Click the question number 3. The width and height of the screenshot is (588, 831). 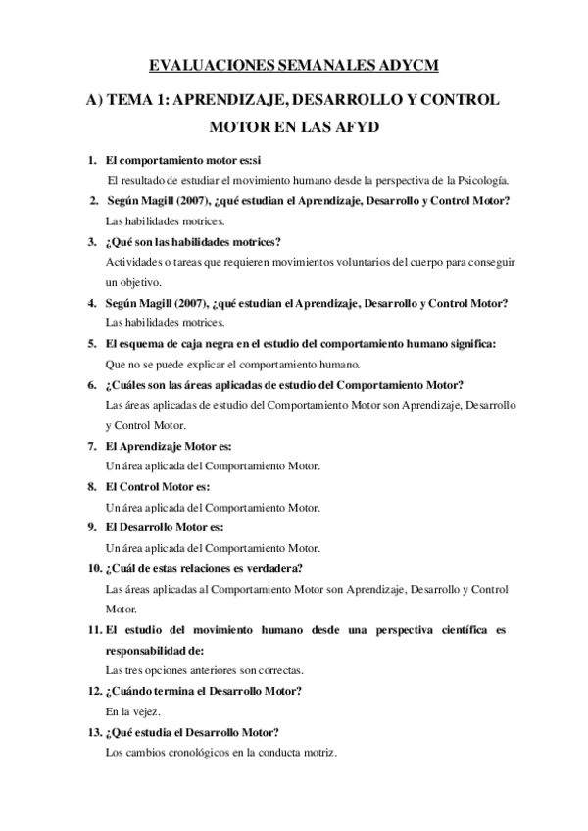click(91, 242)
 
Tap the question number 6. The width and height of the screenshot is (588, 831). click(91, 385)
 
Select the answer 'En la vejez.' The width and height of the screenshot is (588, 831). click(132, 712)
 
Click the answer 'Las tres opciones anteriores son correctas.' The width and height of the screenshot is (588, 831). click(203, 670)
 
